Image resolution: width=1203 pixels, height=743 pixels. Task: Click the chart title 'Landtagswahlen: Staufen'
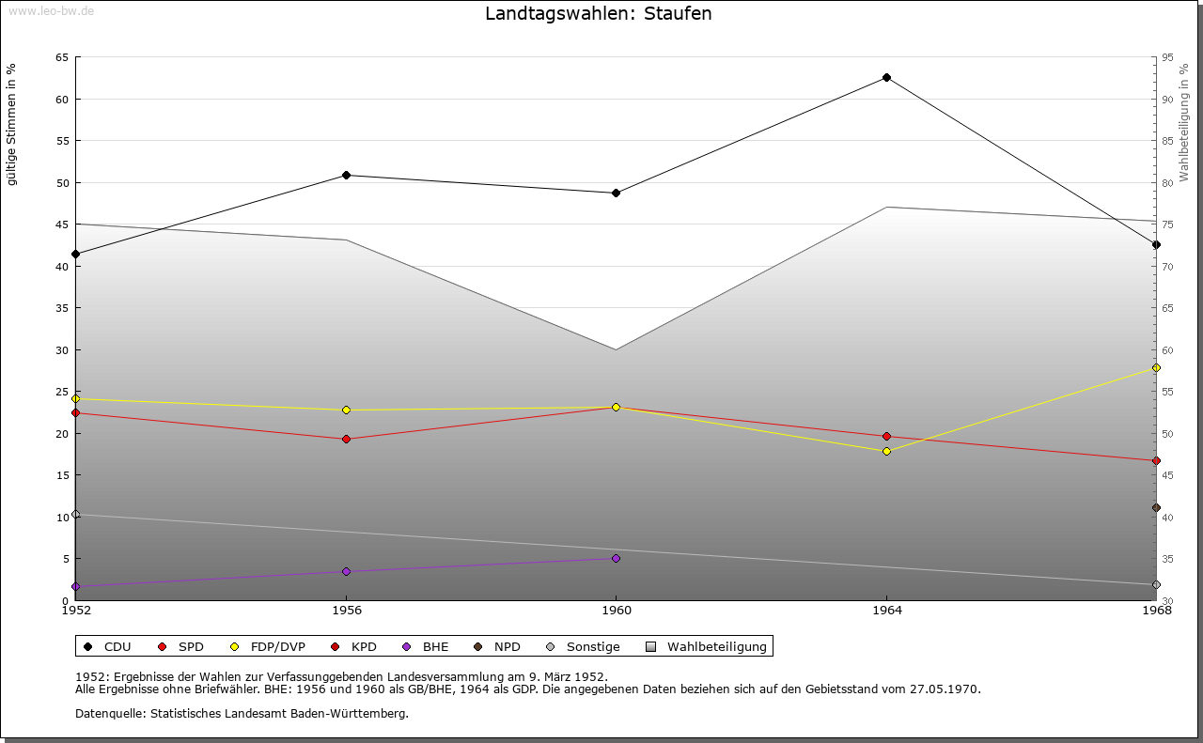[598, 14]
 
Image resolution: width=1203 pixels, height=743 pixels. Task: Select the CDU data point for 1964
[886, 78]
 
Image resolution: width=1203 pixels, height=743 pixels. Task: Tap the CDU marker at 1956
[346, 176]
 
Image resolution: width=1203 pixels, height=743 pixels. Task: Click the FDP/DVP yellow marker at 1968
[1156, 368]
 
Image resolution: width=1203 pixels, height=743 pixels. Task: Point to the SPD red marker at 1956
[346, 440]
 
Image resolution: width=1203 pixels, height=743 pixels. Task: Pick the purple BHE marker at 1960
[616, 559]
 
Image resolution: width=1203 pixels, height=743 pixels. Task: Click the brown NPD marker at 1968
[1156, 508]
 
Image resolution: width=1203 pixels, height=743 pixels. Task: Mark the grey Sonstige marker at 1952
[76, 515]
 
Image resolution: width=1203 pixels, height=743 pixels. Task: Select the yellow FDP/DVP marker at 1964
[886, 452]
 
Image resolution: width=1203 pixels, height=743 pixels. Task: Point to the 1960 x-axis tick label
[616, 611]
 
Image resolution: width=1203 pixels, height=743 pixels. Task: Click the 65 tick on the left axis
[61, 57]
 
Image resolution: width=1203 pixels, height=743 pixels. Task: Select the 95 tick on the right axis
[1168, 57]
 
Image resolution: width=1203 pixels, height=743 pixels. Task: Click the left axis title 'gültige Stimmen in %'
[12, 124]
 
